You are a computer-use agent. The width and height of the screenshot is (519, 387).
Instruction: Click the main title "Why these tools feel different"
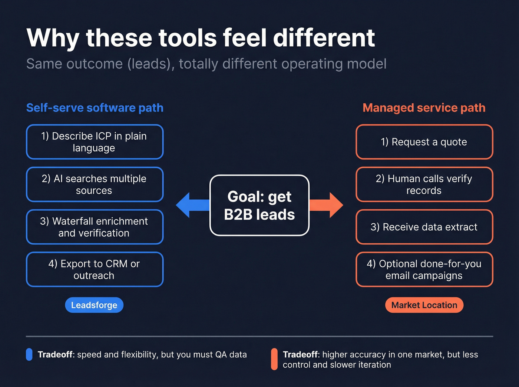[x=201, y=38]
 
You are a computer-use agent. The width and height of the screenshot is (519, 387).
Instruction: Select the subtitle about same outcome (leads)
[x=206, y=64]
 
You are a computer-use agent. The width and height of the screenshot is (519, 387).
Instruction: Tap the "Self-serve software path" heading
[x=95, y=108]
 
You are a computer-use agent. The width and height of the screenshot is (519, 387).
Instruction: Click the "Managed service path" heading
[x=424, y=108]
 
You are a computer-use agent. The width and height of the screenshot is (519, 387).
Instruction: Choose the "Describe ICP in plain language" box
[x=95, y=142]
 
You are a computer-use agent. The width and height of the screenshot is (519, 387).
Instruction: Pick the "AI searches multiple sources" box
[x=95, y=184]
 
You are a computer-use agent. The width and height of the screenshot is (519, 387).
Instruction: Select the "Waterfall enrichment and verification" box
[x=95, y=227]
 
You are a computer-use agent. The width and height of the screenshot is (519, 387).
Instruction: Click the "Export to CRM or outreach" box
[x=95, y=270]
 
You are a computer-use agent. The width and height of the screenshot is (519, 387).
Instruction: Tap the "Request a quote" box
[x=424, y=142]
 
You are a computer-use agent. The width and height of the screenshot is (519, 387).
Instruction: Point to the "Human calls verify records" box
[x=424, y=184]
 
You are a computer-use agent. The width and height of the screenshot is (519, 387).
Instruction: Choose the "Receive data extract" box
[x=424, y=227]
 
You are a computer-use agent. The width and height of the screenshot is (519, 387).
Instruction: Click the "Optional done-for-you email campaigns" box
[x=424, y=270]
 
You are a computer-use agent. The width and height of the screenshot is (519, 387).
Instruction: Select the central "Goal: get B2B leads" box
[x=259, y=206]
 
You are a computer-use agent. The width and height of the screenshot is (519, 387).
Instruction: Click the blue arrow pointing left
[x=191, y=205]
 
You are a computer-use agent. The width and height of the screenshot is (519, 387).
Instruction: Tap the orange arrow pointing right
[x=328, y=205]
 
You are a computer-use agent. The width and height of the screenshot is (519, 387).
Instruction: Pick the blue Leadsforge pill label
[x=94, y=305]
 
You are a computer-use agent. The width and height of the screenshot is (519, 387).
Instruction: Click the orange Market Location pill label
[x=424, y=305]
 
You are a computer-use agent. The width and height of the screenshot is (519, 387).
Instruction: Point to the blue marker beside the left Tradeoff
[x=29, y=354]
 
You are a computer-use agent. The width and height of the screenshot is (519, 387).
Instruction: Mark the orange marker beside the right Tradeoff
[x=274, y=359]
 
